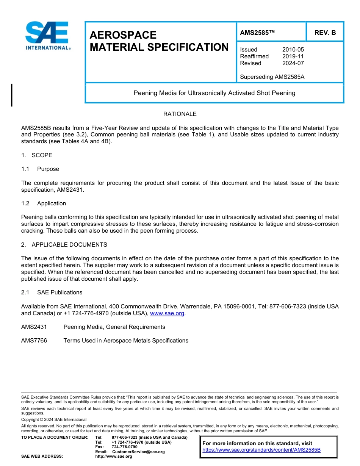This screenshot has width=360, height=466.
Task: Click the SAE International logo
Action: tap(47, 35)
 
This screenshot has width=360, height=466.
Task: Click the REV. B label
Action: tap(325, 33)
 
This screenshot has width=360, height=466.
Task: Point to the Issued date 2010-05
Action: tap(293, 50)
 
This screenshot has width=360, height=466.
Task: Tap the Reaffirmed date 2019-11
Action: tap(293, 56)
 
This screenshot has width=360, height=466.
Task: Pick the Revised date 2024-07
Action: tap(293, 63)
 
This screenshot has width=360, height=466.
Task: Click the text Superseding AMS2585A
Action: tap(272, 77)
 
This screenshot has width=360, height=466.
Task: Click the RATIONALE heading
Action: tap(180, 114)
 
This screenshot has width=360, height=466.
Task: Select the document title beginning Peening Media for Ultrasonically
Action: tap(214, 93)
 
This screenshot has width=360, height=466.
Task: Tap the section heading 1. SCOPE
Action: tap(37, 155)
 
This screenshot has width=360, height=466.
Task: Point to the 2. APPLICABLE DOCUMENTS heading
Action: tap(64, 245)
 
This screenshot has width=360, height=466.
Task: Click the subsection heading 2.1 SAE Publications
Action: tap(52, 292)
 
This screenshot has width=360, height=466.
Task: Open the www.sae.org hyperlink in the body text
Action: tap(167, 313)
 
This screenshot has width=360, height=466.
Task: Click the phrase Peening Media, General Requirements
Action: tap(114, 327)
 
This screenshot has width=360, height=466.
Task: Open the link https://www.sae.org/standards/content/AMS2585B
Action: tap(261, 450)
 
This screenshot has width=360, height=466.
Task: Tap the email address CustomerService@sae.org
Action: tap(138, 452)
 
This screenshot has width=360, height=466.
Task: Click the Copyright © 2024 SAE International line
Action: tap(54, 419)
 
